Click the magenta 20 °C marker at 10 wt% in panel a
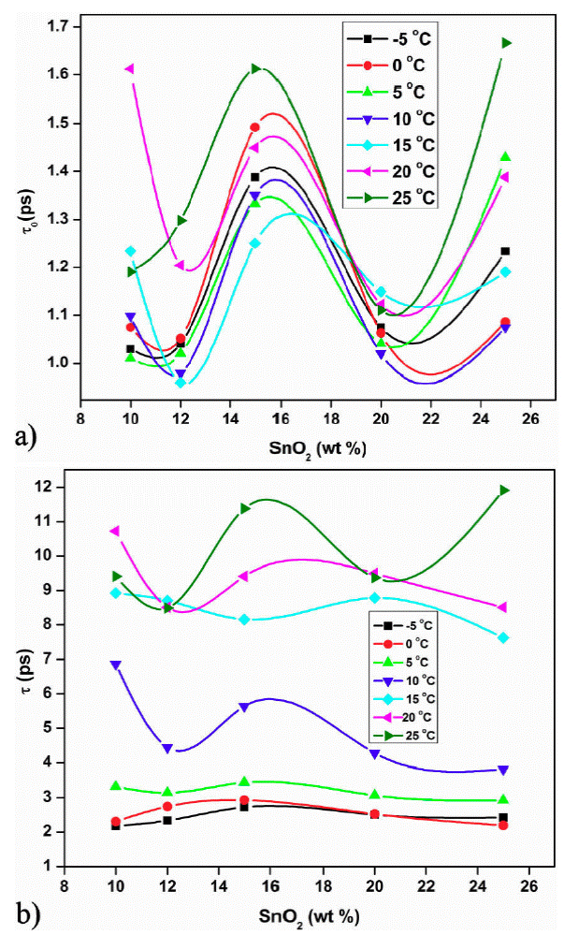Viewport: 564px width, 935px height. click(130, 68)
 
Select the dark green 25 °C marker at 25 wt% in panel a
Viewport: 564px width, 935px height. click(506, 42)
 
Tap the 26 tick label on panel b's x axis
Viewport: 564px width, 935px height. click(529, 884)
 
